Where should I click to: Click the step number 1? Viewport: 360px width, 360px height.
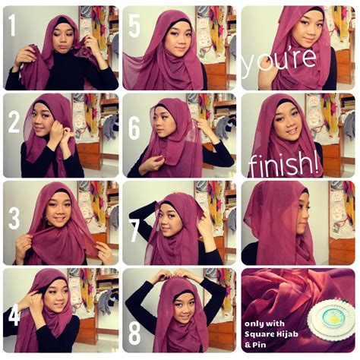click(x=13, y=27)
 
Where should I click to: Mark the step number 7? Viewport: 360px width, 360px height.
click(x=134, y=226)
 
